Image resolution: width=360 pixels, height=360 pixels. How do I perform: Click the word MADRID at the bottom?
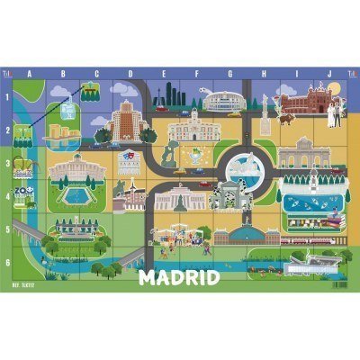pos(180,277)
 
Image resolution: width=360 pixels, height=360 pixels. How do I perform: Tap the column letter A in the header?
pos(31,74)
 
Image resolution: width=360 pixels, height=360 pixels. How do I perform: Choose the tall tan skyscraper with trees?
pos(125,119)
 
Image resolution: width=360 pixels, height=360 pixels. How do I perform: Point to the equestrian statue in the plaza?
pos(117,188)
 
